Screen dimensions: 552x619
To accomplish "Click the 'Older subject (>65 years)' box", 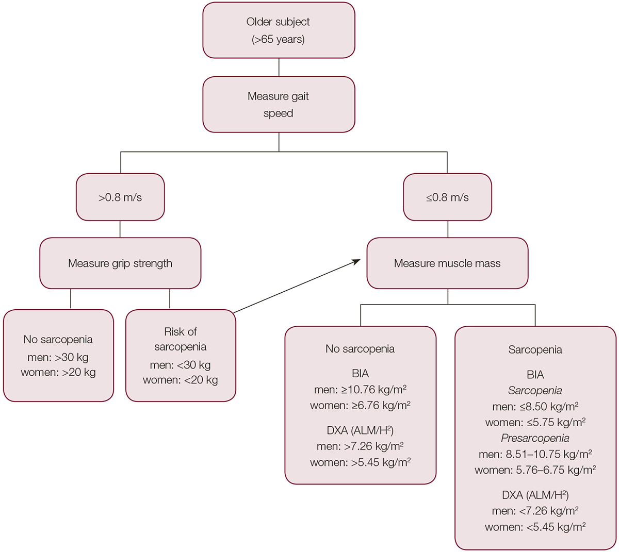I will click(279, 30).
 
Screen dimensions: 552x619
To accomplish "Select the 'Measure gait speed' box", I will click(279, 105).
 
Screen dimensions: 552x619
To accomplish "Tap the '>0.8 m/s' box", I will click(120, 197).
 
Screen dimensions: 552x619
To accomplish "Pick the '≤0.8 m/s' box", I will click(447, 197).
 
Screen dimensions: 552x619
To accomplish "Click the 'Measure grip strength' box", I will click(120, 263).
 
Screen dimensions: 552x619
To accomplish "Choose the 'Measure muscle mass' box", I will click(447, 263).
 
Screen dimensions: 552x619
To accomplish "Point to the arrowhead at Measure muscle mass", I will click(356, 261).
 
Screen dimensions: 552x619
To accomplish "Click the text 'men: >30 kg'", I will click(58, 357).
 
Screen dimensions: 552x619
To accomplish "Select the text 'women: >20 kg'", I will click(58, 372).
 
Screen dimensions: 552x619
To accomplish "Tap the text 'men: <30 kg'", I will click(181, 365).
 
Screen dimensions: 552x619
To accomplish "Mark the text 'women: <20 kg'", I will click(181, 380).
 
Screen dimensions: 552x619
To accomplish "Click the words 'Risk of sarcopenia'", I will click(181, 339).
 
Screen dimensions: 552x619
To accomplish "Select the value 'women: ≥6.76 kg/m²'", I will click(360, 406).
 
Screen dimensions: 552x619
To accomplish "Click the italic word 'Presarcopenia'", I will click(535, 439).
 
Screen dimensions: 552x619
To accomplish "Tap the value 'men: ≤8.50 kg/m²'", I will click(535, 406).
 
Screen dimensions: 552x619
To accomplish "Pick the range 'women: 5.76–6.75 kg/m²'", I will click(535, 470).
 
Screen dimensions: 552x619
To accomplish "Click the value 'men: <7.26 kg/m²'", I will click(535, 511).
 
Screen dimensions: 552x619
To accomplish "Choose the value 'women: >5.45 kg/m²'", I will click(360, 462).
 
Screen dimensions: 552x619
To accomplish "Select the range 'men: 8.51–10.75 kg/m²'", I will click(535, 455).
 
